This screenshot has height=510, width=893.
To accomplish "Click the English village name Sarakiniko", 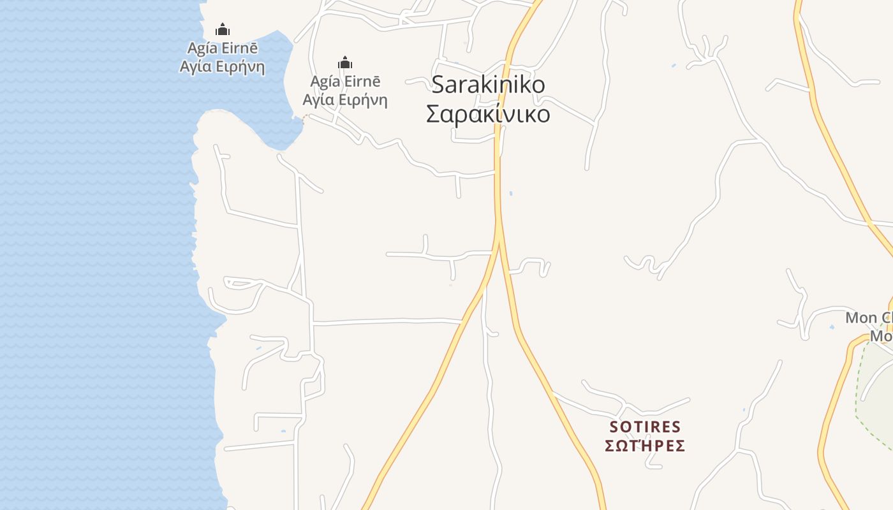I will tap(488, 85).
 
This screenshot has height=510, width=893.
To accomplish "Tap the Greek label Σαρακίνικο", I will tap(488, 114).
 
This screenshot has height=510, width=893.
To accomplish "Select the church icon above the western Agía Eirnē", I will tap(222, 29).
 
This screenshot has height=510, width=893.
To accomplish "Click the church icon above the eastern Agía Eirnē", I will tap(345, 62).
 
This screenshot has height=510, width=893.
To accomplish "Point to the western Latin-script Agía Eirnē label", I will tap(222, 48).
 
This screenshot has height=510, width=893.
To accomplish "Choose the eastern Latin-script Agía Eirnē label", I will tap(345, 82).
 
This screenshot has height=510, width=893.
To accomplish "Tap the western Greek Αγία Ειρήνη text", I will tap(222, 66).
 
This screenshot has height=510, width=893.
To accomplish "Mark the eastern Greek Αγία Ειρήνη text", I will tap(345, 99).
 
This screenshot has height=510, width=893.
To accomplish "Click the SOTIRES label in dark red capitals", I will tap(645, 426).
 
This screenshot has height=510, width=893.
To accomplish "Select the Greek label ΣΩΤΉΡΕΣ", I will tap(645, 445).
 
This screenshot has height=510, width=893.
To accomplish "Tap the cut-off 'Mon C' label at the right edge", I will tap(869, 317).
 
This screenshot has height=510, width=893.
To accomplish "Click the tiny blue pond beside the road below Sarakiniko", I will tap(511, 193).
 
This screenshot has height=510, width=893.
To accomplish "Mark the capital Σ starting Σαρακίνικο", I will tap(433, 115).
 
